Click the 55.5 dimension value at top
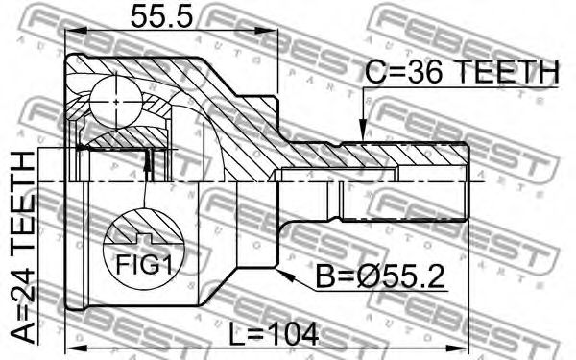[162, 17]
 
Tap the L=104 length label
[274, 334]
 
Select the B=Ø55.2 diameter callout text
[380, 277]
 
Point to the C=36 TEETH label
[462, 71]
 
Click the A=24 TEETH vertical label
[22, 249]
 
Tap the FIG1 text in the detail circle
[144, 265]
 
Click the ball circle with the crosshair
[116, 102]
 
